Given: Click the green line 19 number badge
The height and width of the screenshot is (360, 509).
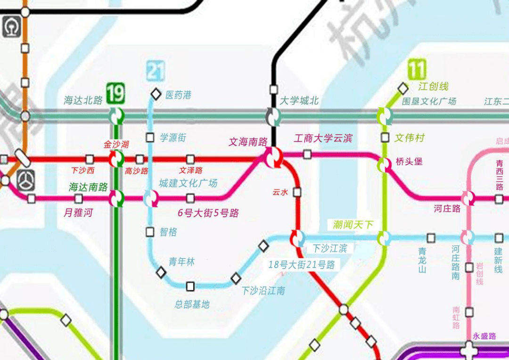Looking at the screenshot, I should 115,93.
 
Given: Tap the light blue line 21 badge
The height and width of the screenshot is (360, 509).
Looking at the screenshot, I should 156,71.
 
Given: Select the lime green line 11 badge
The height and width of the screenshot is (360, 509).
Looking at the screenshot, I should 417,70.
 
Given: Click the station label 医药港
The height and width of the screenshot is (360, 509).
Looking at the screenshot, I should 178,95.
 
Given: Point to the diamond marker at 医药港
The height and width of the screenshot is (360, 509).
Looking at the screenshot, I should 156,94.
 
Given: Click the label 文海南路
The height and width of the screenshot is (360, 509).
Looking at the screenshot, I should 247,141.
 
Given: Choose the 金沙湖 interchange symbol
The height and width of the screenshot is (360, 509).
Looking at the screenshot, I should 116,159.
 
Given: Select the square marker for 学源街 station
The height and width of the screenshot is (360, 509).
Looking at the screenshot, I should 150,138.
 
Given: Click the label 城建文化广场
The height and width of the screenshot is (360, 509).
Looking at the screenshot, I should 188,183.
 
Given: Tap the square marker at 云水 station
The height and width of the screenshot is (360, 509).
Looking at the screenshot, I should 297,192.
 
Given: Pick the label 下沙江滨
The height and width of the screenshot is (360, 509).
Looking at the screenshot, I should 329,248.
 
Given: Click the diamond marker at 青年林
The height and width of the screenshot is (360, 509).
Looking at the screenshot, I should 161,272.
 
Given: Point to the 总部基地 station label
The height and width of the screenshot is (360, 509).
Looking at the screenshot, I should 192,304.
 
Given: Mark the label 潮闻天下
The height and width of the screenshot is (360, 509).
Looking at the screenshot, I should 353,225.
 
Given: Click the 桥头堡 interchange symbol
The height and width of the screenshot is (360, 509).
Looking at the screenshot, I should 385,165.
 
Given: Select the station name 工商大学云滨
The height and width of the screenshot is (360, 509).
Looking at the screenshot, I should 323,139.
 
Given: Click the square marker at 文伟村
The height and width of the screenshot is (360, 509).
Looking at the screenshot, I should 385,138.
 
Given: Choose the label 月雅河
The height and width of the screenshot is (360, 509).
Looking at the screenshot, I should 78,213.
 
